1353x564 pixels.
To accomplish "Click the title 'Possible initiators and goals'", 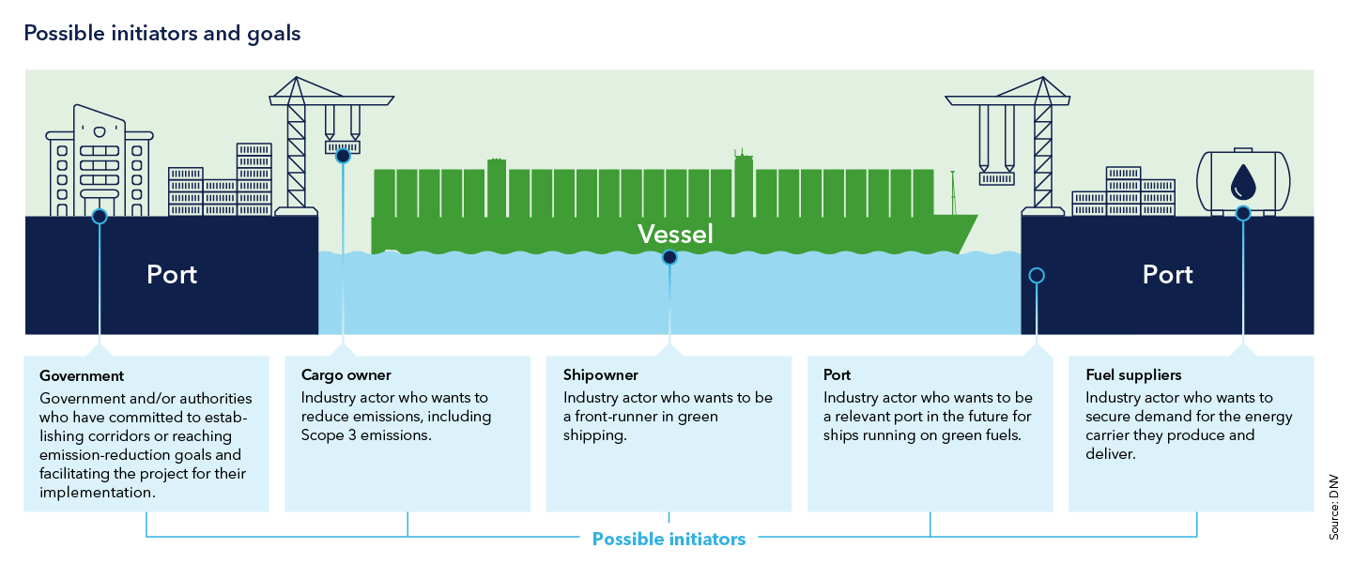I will tap(161, 34).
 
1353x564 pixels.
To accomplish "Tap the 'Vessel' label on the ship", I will tap(675, 234).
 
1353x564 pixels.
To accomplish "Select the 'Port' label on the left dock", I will tap(172, 275).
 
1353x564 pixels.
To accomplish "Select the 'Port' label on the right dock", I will tap(1167, 275).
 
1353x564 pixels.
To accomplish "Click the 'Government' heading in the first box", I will tap(82, 376).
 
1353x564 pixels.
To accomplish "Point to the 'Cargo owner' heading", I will tap(346, 376).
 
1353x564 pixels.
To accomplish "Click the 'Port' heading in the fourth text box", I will tap(837, 376).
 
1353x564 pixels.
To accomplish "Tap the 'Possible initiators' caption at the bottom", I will tap(669, 540).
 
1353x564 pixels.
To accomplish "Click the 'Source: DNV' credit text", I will tap(1333, 507).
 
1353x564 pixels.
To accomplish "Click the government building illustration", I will tap(99, 160).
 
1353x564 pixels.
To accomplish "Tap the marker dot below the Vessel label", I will tap(669, 257).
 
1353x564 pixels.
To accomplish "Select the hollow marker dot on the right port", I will tap(1037, 276).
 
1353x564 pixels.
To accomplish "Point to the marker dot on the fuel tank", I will tap(1243, 214).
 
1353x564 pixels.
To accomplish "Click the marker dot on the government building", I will tap(100, 217).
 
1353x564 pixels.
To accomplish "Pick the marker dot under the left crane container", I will tap(343, 156).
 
